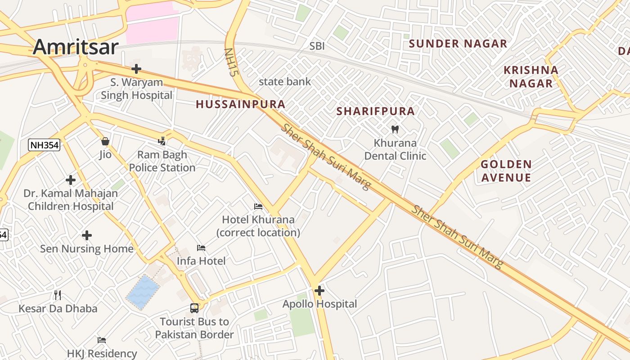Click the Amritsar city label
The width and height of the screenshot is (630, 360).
pos(76,47)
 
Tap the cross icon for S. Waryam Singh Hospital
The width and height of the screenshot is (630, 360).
pos(136,69)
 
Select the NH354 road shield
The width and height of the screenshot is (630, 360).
pos(44,145)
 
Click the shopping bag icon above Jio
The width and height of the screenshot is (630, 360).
pos(105,141)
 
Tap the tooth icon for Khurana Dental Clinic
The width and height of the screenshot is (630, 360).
pos(395,130)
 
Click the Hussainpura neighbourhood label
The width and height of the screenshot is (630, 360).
pos(240,104)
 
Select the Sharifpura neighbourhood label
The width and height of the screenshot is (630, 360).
pos(376,111)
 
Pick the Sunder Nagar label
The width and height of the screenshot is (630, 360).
pos(458,44)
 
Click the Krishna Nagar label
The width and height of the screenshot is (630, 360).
pos(531,76)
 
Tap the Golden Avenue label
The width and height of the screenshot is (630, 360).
pos(506,171)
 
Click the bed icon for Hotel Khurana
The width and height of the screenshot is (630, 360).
pos(258,207)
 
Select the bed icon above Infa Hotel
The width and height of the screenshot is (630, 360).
pos(201,248)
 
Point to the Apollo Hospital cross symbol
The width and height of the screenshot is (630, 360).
pos(319,291)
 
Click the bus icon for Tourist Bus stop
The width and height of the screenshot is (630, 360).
pos(194,308)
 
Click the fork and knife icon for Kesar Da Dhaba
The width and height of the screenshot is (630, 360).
pos(58,295)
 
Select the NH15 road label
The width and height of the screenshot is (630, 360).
pos(230,62)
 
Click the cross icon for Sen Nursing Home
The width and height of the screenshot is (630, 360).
pos(87,235)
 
